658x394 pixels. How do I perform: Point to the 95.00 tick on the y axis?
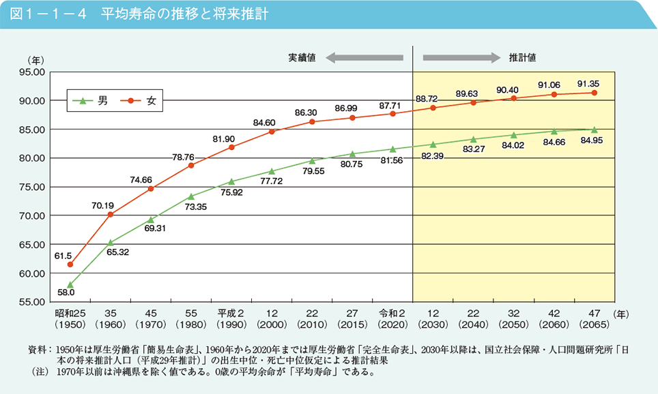point(33,72)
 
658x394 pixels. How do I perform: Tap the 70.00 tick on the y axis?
point(33,215)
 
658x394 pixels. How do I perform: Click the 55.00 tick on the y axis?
point(33,302)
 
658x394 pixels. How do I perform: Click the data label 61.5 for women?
point(63,256)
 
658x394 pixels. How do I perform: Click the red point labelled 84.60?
point(272,131)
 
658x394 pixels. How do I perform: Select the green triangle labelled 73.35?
point(191,196)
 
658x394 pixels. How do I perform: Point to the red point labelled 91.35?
point(594,93)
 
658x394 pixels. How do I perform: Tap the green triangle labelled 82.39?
point(433,145)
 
